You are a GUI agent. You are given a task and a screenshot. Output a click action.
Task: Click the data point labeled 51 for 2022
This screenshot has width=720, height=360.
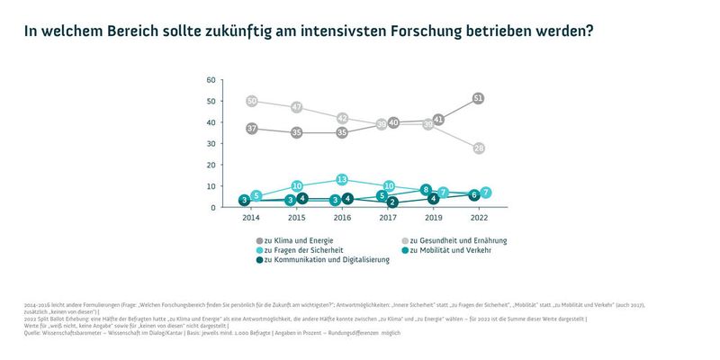478,98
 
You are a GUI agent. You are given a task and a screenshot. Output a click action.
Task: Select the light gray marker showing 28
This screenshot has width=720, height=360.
478,148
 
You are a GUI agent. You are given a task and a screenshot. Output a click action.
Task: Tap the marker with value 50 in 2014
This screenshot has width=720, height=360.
252,101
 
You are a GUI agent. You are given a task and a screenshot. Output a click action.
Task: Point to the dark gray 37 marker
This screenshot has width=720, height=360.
252,129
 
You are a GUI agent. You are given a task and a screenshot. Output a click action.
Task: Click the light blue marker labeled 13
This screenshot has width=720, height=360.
341,180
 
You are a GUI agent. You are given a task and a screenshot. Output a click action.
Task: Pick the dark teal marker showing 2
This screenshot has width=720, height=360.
392,203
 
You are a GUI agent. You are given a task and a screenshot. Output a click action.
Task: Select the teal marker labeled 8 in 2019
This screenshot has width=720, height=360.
427,190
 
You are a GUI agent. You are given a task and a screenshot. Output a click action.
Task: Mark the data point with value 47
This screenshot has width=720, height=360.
296,107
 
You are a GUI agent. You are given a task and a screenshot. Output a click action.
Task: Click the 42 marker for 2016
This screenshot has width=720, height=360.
341,118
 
